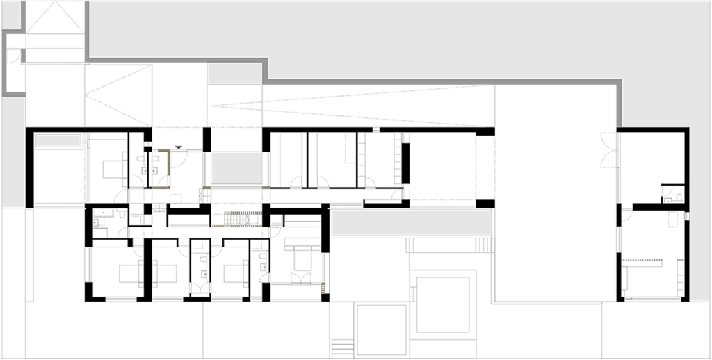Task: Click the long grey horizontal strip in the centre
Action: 411,223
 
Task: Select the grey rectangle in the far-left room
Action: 58,141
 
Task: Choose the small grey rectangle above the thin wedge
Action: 234,73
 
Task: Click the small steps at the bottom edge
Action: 340,346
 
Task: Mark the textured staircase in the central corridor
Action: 239,219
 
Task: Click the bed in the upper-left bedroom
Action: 111,168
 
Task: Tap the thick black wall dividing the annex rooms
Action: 654,206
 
